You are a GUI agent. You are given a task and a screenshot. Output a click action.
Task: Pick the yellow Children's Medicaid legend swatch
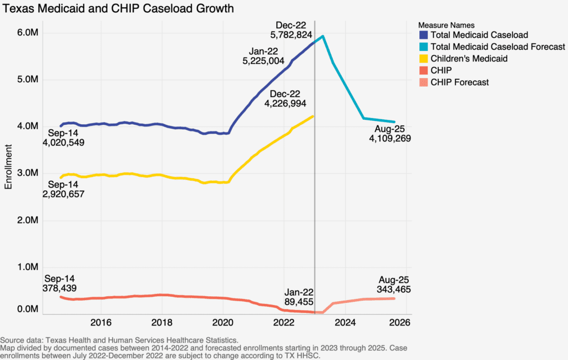pos(423,59)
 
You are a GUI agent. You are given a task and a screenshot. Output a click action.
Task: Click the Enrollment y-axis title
pos(8,166)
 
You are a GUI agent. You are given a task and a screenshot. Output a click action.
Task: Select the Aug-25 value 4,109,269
pos(390,139)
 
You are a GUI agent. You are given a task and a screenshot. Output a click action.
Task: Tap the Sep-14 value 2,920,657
pos(63,193)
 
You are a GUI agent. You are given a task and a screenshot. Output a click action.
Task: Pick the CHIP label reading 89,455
pos(297,302)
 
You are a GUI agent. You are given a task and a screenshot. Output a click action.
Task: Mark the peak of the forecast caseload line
pos(323,37)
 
